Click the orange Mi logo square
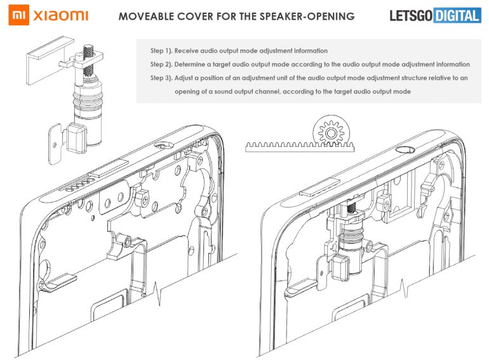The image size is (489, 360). click(20, 14)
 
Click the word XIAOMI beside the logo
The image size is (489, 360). click(62, 15)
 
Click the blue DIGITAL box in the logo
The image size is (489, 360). click(457, 16)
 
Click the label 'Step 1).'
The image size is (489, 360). click(164, 50)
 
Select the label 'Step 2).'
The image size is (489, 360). click(164, 64)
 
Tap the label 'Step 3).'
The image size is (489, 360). click(164, 77)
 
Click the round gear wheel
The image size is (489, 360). click(330, 132)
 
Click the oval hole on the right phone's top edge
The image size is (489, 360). click(404, 150)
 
